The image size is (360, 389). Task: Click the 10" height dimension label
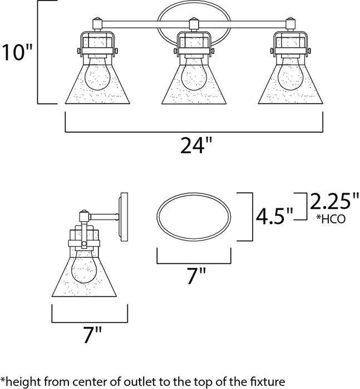pos(16,53)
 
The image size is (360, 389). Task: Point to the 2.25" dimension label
pos(334,201)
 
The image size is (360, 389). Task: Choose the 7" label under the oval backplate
pos(194,276)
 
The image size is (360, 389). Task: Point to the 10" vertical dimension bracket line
pos(37,53)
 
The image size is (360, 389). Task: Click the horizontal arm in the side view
pos(105,216)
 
